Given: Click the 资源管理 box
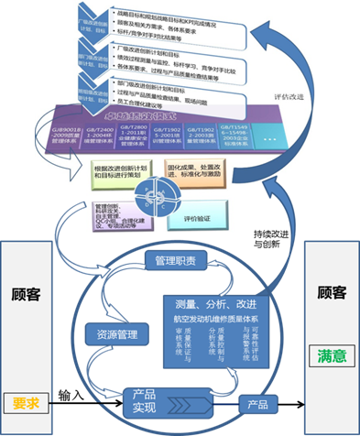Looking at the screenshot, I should (115, 335).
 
